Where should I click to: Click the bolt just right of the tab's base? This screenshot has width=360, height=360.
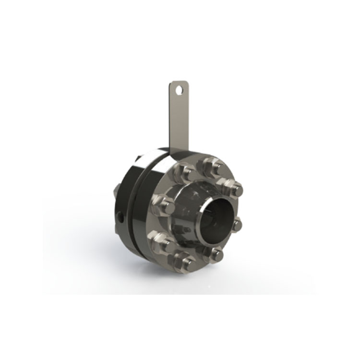(209, 165)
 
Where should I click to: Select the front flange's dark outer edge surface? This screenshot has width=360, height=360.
(149, 226)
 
